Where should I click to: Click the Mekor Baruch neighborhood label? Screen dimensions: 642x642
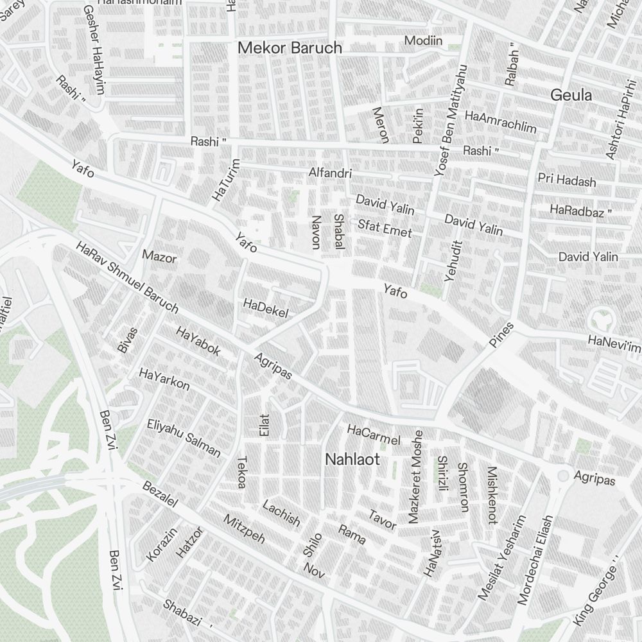pyautogui.click(x=290, y=48)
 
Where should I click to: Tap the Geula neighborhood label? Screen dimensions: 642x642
pyautogui.click(x=571, y=96)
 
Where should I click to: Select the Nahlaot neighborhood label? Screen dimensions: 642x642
pyautogui.click(x=352, y=460)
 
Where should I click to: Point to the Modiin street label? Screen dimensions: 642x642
pyautogui.click(x=423, y=41)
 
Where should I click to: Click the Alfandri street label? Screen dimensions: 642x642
pyautogui.click(x=330, y=173)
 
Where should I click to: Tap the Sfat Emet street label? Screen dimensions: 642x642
pyautogui.click(x=385, y=228)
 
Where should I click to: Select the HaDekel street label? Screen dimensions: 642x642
pyautogui.click(x=266, y=308)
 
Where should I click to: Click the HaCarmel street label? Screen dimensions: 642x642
pyautogui.click(x=373, y=434)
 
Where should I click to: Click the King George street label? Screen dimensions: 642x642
pyautogui.click(x=594, y=593)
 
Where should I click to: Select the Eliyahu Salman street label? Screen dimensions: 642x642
pyautogui.click(x=184, y=438)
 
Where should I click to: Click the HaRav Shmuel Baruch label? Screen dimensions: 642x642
pyautogui.click(x=126, y=277)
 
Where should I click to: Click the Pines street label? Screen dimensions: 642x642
pyautogui.click(x=501, y=334)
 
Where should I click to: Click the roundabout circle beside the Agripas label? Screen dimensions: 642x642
pyautogui.click(x=562, y=476)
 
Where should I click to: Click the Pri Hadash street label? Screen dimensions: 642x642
pyautogui.click(x=567, y=180)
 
